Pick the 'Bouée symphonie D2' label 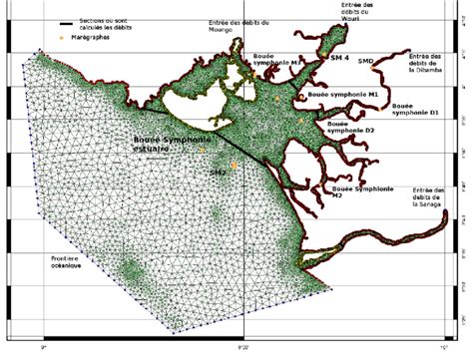click(x=349, y=126)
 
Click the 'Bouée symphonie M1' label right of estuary click(x=363, y=93)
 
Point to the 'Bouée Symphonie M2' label click(x=349, y=191)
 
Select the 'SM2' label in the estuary click(x=218, y=173)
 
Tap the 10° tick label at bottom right click(x=441, y=347)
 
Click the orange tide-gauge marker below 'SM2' click(x=234, y=166)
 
